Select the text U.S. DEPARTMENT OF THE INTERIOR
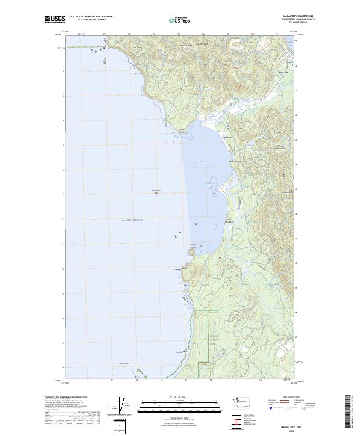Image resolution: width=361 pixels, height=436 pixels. pyautogui.click(x=91, y=17)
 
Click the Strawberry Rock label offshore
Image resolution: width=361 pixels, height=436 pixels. pyautogui.click(x=156, y=192)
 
